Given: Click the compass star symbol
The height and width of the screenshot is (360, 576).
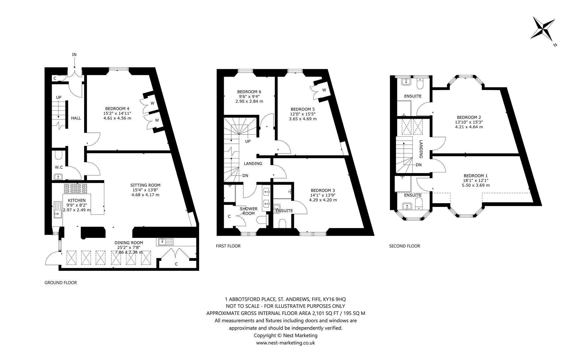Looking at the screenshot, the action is click(x=542, y=31).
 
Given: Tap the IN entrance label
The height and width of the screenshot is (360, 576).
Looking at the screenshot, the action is click(x=74, y=55).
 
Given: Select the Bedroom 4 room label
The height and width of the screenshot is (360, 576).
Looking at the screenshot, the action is click(x=117, y=108).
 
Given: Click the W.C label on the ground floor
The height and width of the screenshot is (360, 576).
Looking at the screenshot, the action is click(x=59, y=167).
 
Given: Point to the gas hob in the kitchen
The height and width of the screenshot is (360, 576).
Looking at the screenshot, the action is click(x=76, y=188).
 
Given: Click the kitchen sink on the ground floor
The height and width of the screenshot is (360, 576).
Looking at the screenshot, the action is click(x=57, y=210).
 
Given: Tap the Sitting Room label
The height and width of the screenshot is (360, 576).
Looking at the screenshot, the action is click(x=145, y=185).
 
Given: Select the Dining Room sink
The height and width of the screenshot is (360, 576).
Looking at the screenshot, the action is click(x=166, y=242).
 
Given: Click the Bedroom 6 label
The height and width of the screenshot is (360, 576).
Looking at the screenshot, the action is click(x=249, y=91).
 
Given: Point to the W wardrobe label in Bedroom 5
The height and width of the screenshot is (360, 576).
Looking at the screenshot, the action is click(x=324, y=90).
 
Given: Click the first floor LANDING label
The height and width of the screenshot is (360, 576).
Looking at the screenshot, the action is click(x=253, y=164).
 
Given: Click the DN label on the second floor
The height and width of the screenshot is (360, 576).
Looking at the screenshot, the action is click(x=418, y=165).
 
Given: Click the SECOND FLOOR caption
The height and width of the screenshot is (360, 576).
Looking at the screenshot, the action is click(x=404, y=246).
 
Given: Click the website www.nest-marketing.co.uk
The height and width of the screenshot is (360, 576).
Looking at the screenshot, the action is click(x=285, y=343).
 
